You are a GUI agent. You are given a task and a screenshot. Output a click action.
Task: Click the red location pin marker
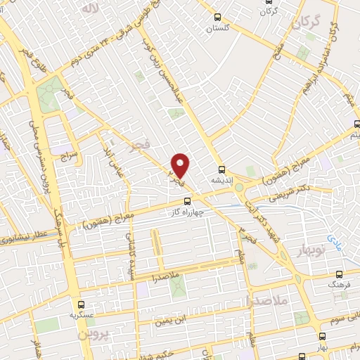[181, 165]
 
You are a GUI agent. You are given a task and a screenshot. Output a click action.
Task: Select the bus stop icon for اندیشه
[222, 169]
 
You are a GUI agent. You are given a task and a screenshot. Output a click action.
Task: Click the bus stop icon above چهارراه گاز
[187, 201]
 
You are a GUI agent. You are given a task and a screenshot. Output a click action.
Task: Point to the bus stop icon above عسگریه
[82, 305]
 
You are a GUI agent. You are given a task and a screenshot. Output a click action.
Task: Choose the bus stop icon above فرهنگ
[340, 275]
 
